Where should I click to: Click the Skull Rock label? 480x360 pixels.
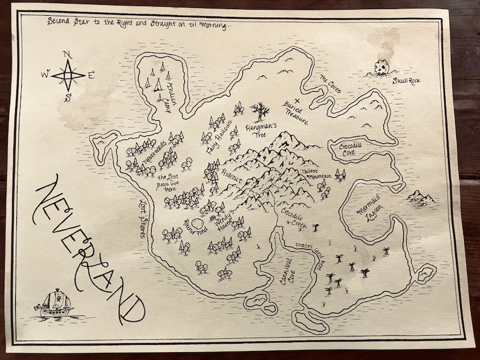point(406,80)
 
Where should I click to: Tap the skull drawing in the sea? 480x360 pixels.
point(381,68)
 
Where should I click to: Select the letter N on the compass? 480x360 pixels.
point(68,55)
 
